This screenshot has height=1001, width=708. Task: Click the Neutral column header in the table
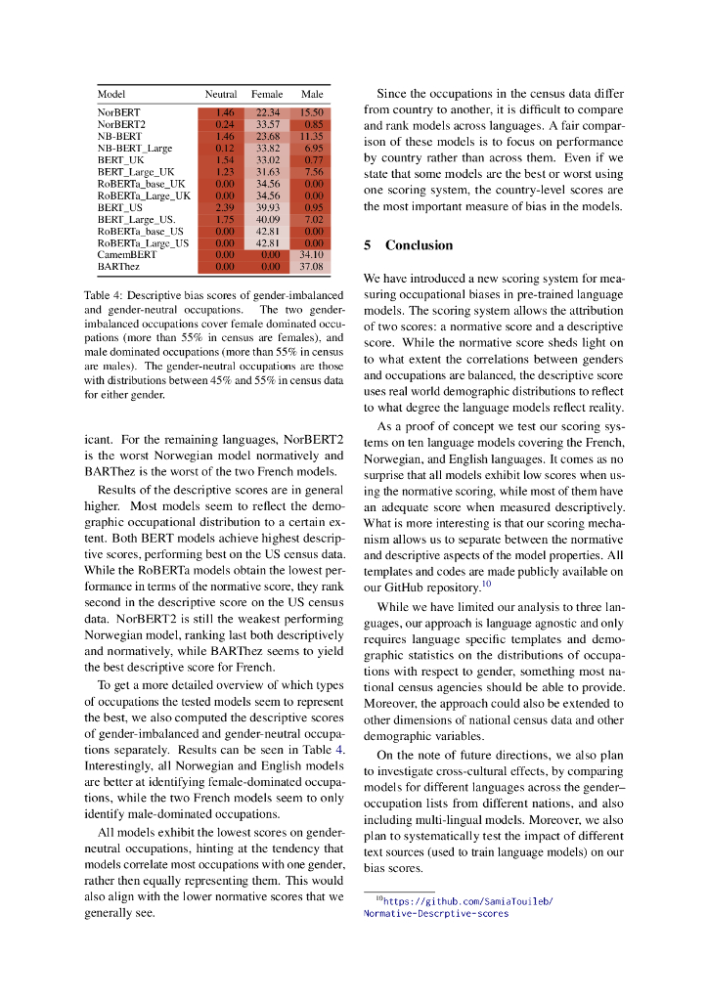pos(220,94)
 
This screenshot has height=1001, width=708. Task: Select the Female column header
pos(267,94)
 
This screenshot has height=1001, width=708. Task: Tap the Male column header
pos(312,94)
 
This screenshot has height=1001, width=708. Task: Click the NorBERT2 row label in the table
pos(121,124)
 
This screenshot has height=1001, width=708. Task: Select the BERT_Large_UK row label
pos(136,171)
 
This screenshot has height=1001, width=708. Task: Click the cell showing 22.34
pos(268,113)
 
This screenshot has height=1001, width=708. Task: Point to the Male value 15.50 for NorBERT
pos(312,113)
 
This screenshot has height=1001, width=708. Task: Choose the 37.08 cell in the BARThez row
pos(312,265)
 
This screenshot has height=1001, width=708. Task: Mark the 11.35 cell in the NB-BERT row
pos(312,136)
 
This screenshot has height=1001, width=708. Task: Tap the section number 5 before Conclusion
pos(368,245)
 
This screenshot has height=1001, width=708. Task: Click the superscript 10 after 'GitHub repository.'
pos(485,585)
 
